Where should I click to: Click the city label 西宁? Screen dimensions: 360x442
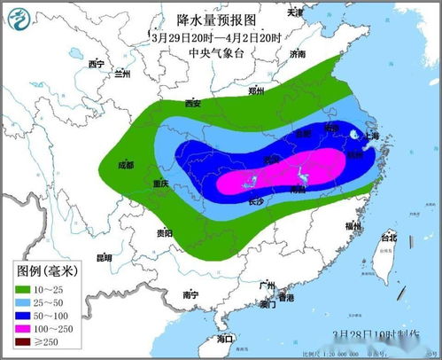(x=97, y=65)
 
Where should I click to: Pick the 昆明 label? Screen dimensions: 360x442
(x=104, y=259)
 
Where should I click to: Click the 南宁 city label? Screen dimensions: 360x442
(x=189, y=294)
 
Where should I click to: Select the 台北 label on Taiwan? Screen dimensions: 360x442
(x=389, y=239)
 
